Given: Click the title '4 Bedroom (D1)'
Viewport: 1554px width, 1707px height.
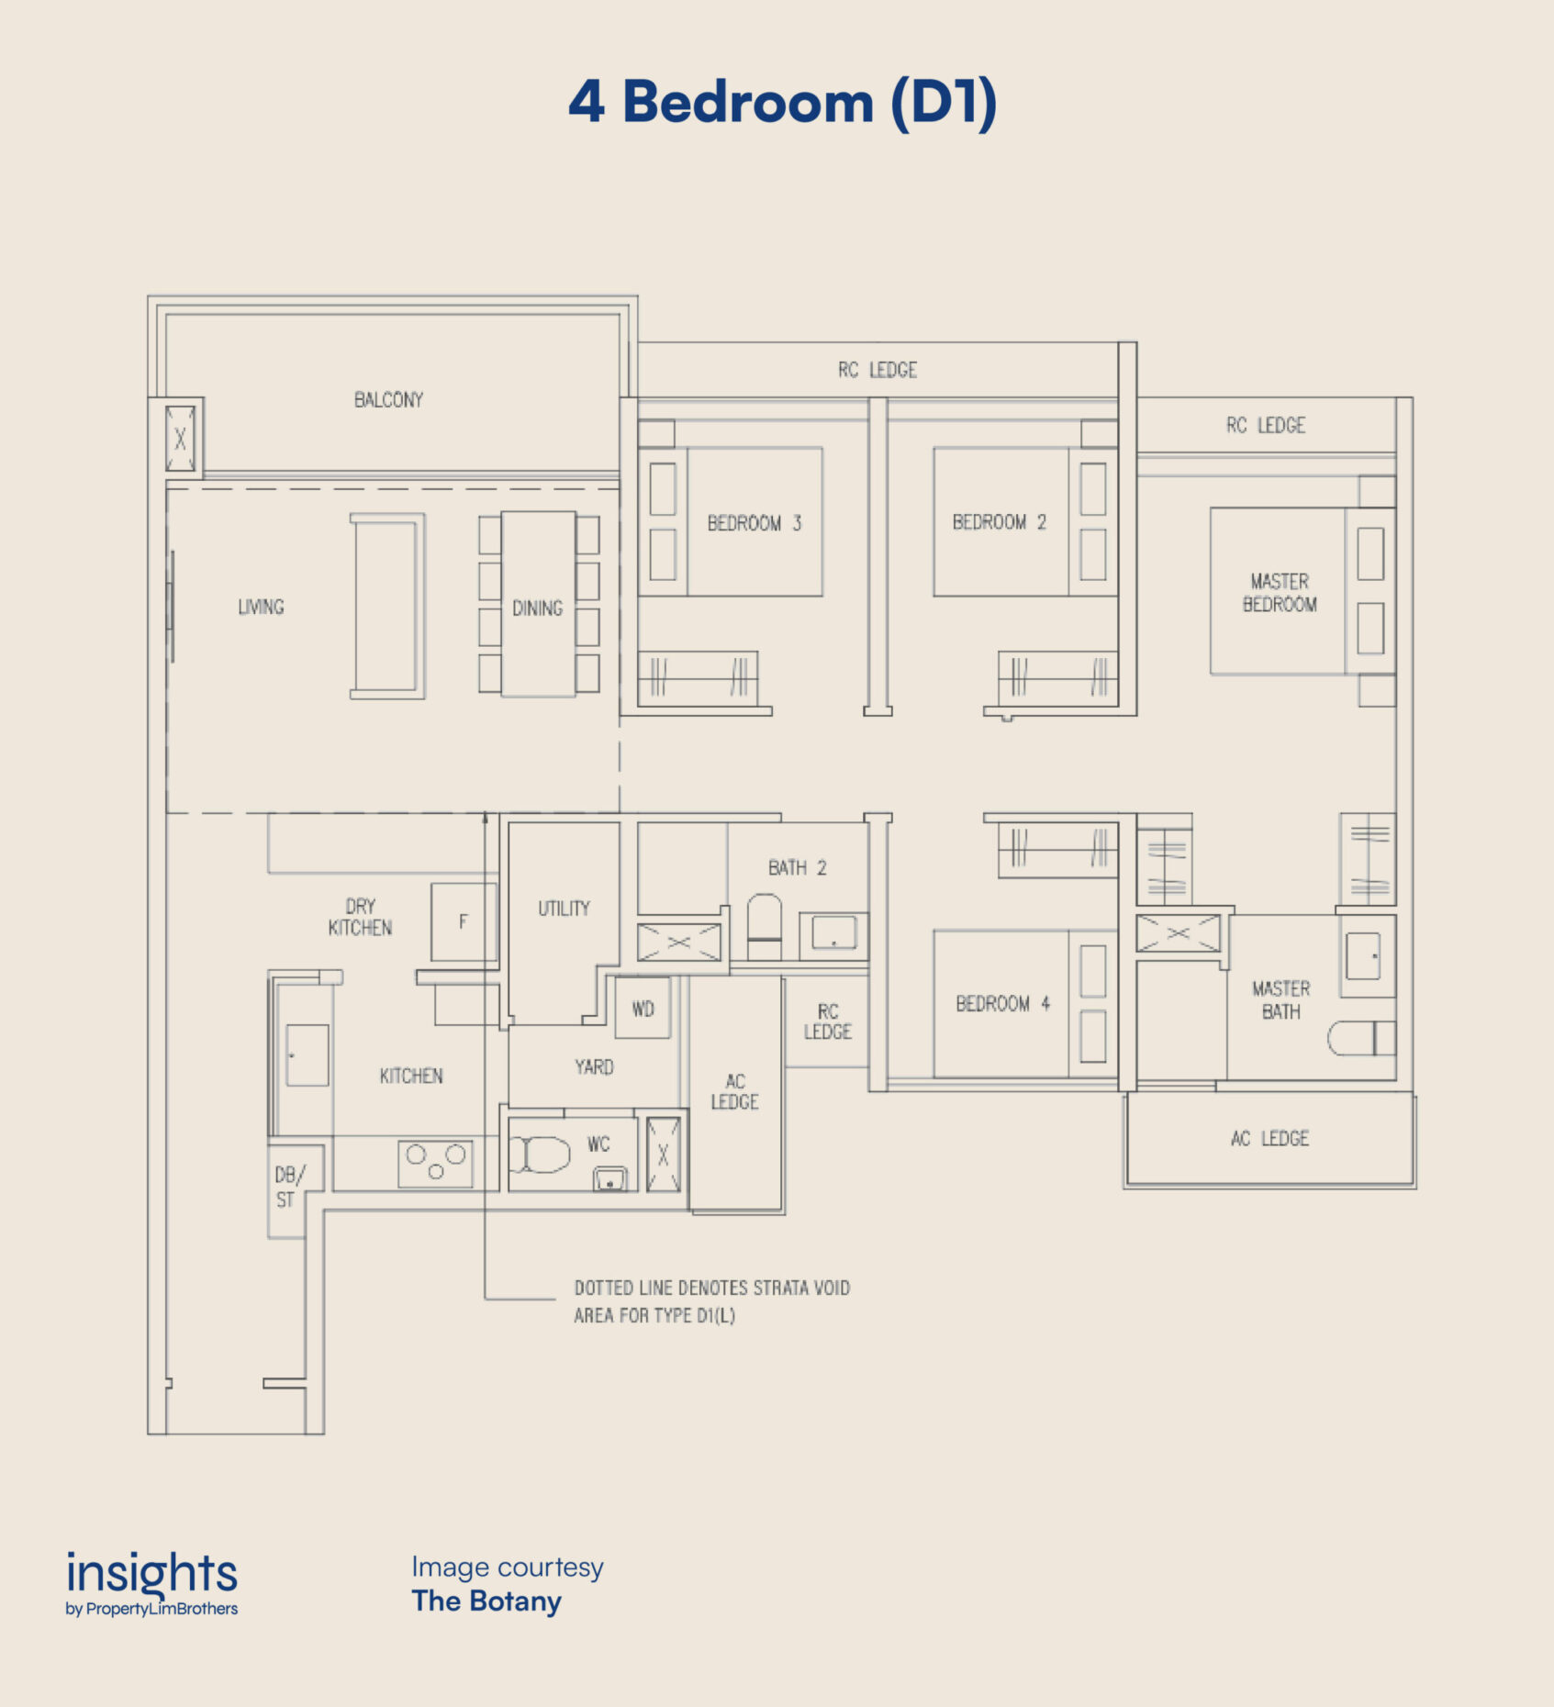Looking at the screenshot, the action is click(782, 102).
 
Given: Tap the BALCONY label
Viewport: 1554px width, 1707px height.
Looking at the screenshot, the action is click(389, 400).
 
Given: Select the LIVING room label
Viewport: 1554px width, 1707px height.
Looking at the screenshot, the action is click(261, 607).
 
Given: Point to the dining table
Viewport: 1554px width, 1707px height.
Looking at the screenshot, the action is click(539, 604).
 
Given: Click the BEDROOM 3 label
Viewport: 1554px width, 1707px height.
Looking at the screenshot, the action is click(755, 523).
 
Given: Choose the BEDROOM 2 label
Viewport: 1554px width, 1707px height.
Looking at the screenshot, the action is click(1000, 522).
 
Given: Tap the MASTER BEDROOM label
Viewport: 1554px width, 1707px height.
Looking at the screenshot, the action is click(1280, 593).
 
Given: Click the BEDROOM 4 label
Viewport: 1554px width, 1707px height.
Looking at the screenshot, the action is click(1003, 1004).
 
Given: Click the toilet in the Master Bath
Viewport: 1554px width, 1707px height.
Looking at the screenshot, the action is click(1362, 1038).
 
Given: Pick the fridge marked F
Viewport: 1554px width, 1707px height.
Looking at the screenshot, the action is click(464, 921).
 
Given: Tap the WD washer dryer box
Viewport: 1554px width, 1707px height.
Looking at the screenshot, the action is click(643, 1009).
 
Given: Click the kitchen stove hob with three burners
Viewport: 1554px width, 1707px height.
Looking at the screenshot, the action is click(435, 1163).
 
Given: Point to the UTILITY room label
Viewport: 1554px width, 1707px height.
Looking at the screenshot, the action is click(564, 909).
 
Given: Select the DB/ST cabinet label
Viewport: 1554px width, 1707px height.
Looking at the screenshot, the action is click(287, 1188).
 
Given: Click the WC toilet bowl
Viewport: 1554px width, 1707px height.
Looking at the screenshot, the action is click(541, 1155).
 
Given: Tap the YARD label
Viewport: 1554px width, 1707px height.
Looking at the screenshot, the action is click(594, 1066).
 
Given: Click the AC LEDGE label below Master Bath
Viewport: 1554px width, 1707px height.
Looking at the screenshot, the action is click(1269, 1139).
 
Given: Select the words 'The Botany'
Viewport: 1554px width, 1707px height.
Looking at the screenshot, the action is click(486, 1601).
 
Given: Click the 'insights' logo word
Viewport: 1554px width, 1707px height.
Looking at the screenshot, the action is click(151, 1573).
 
